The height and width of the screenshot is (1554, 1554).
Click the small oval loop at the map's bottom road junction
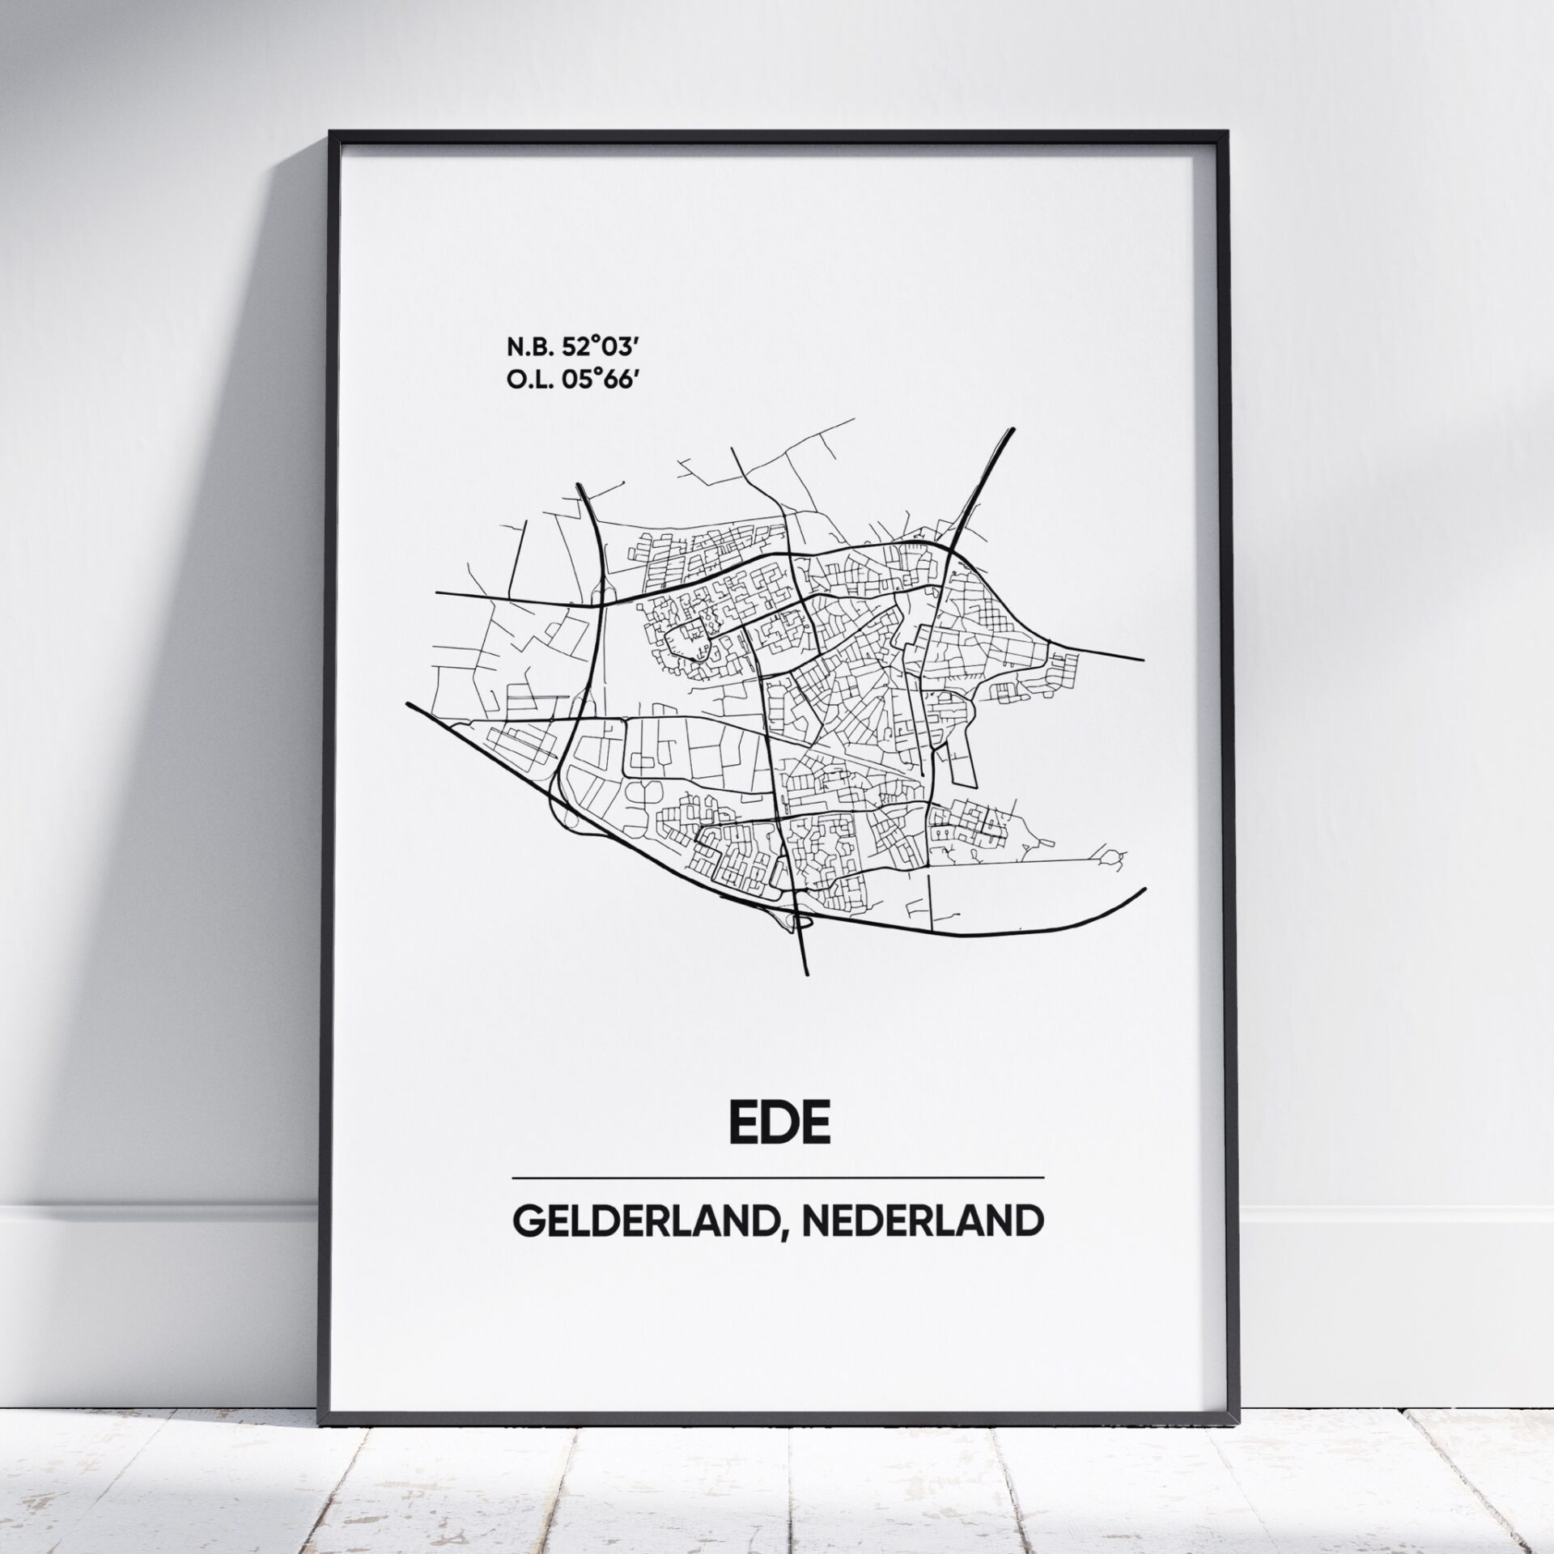pyautogui.click(x=801, y=919)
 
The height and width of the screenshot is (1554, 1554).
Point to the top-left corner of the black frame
pyautogui.click(x=329, y=132)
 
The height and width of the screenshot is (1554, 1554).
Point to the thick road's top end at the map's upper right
pyautogui.click(x=1013, y=429)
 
